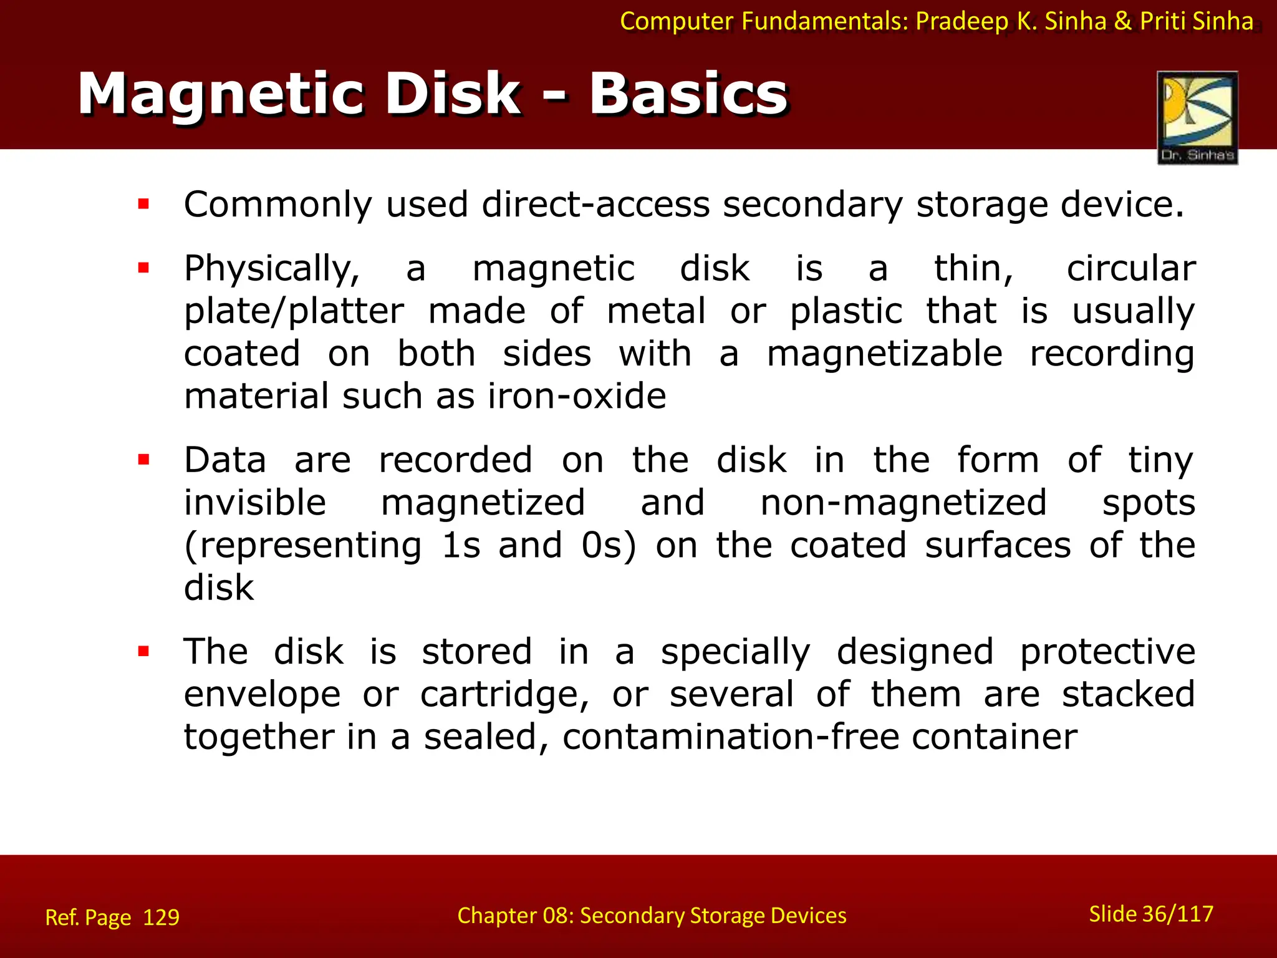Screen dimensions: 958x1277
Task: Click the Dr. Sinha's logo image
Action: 1197,117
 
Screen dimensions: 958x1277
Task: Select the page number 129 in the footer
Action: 161,917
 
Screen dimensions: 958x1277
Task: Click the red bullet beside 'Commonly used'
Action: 144,203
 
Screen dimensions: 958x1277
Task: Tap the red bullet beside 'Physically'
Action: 144,268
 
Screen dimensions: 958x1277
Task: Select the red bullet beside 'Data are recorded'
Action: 144,460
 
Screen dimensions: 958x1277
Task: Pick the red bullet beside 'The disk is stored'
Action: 144,652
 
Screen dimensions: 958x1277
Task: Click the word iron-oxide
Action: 577,396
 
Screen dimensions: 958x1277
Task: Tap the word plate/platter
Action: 294,311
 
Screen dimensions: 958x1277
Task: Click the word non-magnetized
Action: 903,503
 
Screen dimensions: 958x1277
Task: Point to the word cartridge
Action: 504,695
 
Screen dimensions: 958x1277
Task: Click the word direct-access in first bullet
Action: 595,205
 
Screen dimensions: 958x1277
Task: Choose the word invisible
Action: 255,503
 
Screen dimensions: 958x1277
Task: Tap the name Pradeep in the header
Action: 962,21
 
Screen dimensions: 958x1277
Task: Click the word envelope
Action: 262,695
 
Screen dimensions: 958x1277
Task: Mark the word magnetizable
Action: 884,354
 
